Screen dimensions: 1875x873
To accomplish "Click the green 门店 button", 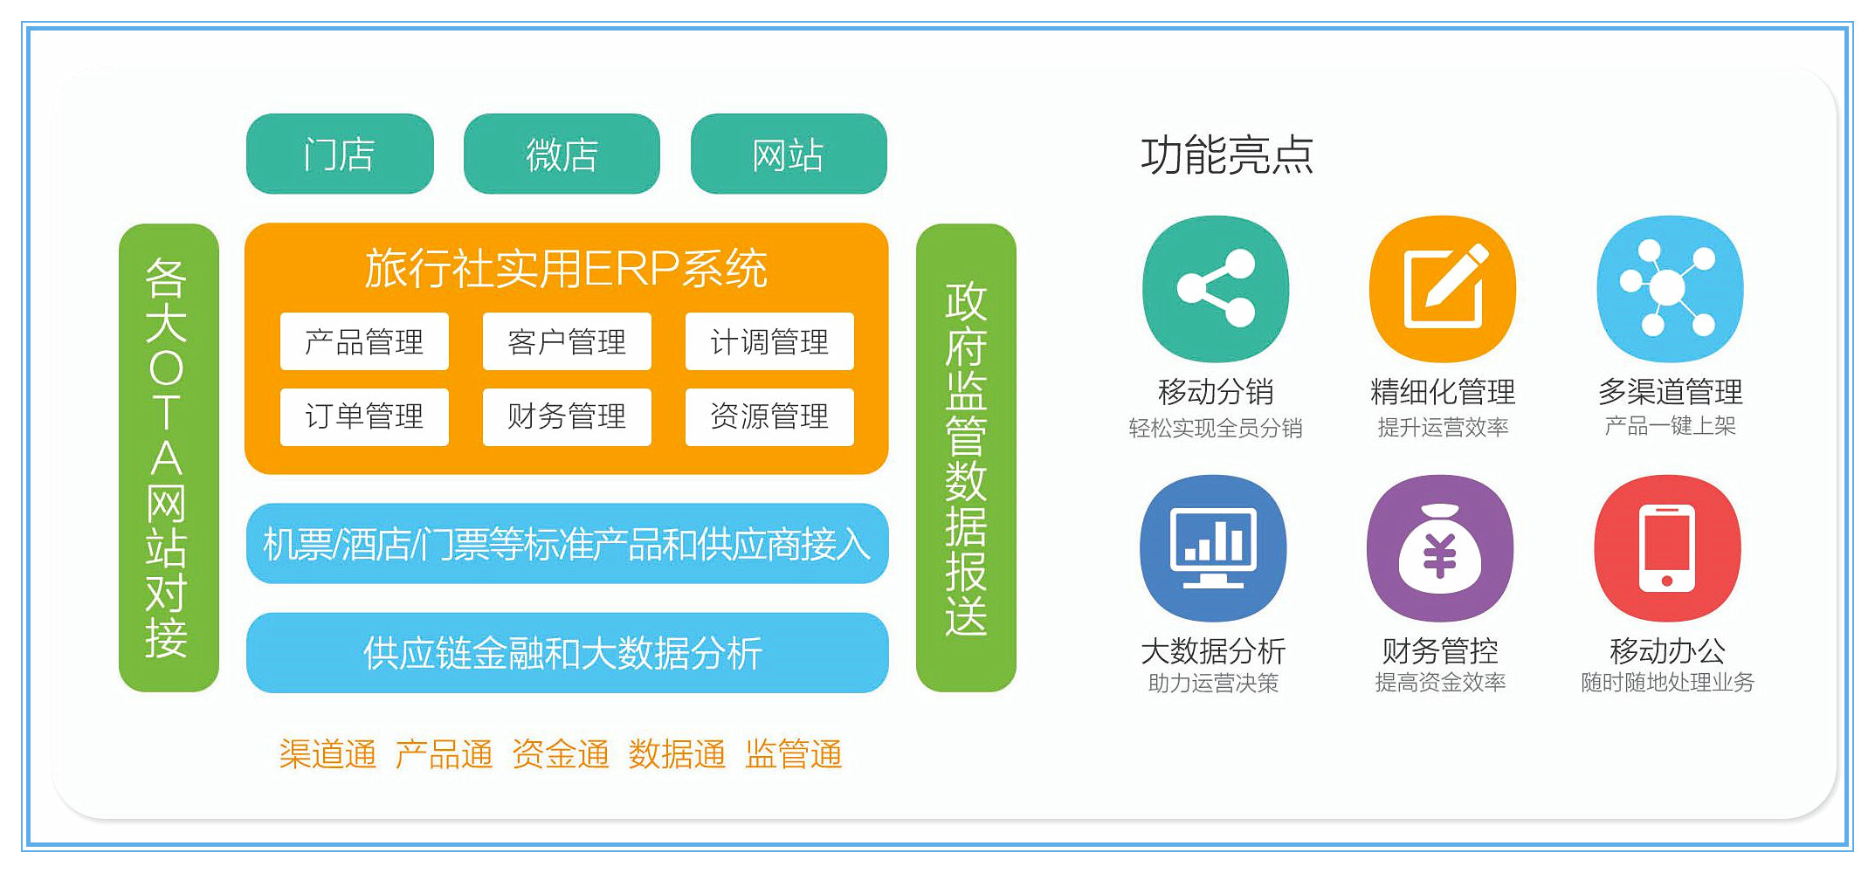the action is (340, 154).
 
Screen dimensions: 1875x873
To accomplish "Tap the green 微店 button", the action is (562, 154).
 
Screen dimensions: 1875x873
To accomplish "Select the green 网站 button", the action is (789, 154).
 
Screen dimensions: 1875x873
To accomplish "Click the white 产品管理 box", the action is (364, 341).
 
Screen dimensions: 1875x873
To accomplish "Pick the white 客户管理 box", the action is (567, 341).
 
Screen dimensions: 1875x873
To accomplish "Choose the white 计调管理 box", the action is (769, 341).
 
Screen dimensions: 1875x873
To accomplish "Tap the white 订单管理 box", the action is (364, 416).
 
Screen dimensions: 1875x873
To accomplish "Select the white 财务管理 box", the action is (567, 416).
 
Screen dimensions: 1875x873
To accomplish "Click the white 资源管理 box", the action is (769, 416).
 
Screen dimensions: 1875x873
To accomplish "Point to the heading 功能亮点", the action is (1227, 155).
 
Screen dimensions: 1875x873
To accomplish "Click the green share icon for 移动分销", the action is (1216, 289).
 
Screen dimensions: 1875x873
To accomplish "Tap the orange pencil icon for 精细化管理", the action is (1443, 289).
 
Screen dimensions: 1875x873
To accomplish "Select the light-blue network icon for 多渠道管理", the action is (1670, 289).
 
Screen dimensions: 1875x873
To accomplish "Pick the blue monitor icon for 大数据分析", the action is (1213, 548).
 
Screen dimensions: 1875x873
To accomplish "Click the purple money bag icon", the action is (1440, 548).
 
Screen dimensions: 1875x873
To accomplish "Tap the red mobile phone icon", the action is (1667, 548).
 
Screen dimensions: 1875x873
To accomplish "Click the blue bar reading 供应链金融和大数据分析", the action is (568, 653).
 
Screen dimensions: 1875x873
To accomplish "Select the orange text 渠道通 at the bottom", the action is (327, 754).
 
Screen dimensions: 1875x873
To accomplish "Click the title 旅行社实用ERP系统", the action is (567, 268).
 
